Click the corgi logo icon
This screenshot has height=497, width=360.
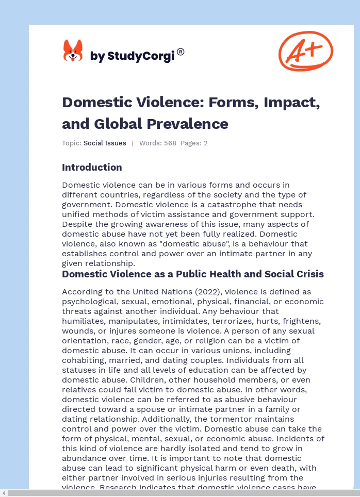(73, 51)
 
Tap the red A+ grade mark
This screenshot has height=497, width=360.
(306, 51)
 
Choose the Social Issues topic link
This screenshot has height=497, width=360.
(105, 143)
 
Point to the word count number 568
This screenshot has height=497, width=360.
(170, 143)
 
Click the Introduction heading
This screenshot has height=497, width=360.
(92, 167)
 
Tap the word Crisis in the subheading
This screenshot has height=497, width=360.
(307, 274)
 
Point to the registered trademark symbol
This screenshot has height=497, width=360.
(181, 52)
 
